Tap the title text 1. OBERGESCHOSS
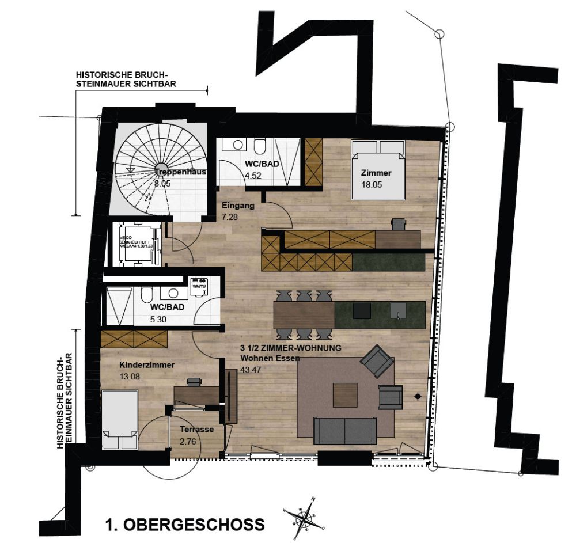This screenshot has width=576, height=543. (185, 525)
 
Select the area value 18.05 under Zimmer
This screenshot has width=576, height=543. (372, 185)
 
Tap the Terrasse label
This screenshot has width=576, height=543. (197, 430)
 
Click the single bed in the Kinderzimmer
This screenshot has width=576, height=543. (120, 419)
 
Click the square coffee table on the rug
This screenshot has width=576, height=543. (345, 395)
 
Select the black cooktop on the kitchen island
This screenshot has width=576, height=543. (362, 310)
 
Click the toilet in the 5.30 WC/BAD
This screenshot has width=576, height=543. (146, 297)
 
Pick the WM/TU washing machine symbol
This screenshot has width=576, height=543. (199, 286)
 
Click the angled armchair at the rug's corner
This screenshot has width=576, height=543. (377, 362)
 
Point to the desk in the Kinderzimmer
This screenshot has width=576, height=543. (196, 394)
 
